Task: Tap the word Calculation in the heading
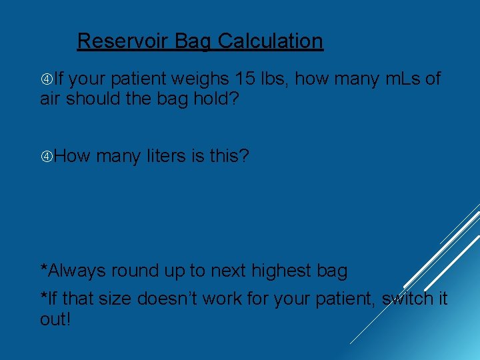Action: click(x=270, y=41)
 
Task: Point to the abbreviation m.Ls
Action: click(x=403, y=79)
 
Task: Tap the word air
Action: click(x=50, y=99)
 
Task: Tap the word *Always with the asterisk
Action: click(x=73, y=271)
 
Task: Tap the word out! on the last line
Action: click(x=55, y=319)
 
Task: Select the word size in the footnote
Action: click(x=116, y=299)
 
